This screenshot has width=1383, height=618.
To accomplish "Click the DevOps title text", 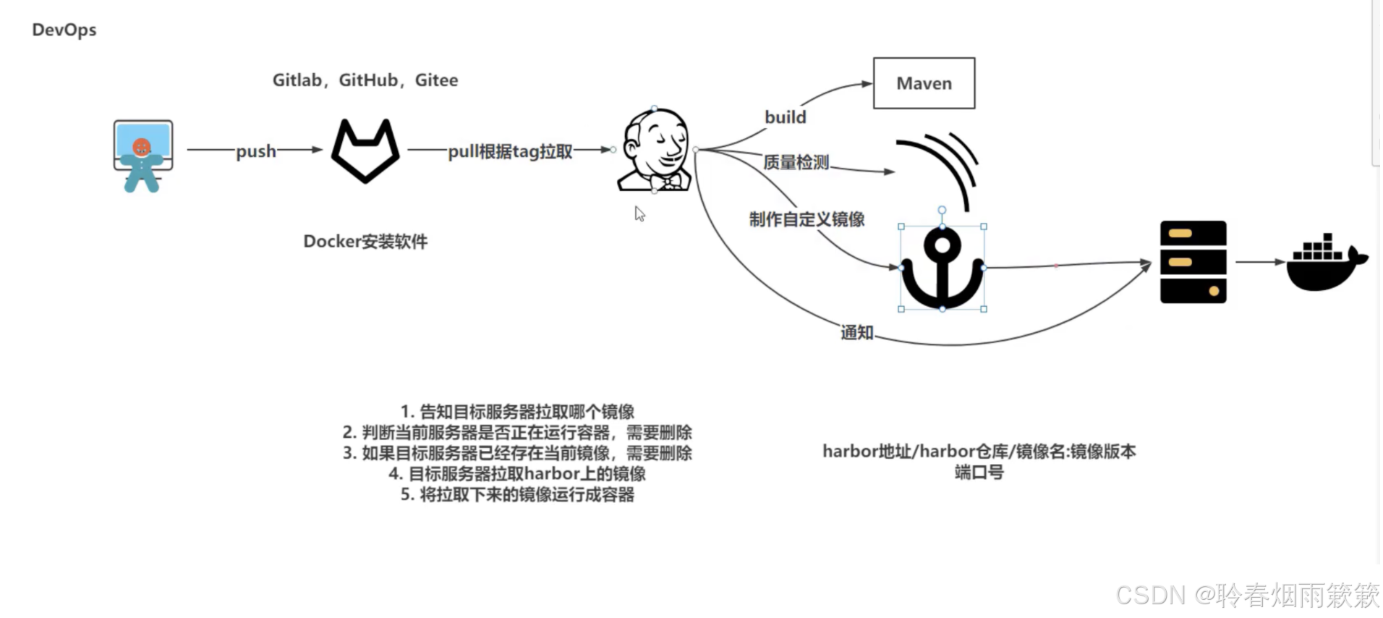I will (64, 30).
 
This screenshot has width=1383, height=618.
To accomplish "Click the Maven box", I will (924, 83).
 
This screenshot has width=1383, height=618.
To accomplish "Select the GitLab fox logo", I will (365, 151).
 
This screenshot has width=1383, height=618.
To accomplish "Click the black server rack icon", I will (1193, 262).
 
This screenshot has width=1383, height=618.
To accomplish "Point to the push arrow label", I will (256, 151).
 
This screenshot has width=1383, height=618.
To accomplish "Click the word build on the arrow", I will (785, 117).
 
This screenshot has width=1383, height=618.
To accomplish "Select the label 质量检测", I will (796, 162).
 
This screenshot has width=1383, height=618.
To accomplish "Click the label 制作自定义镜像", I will (807, 219).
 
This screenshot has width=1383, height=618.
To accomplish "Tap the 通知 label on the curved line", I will (857, 333).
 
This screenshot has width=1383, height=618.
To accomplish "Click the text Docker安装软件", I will (365, 242).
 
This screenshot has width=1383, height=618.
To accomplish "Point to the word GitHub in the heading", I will (368, 80).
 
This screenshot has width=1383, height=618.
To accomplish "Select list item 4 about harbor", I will (516, 474).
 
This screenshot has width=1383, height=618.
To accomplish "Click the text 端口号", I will (979, 473).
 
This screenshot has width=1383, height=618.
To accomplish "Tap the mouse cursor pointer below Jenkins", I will (639, 213).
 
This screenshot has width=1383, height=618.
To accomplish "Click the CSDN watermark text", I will (1246, 595).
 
